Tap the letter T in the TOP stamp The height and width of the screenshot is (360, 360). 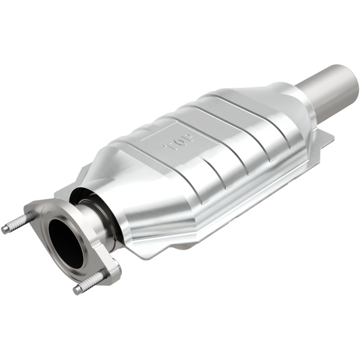point(171,147)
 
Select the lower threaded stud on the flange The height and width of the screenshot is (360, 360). point(92,282)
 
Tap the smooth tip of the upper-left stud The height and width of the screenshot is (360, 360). point(5,229)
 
